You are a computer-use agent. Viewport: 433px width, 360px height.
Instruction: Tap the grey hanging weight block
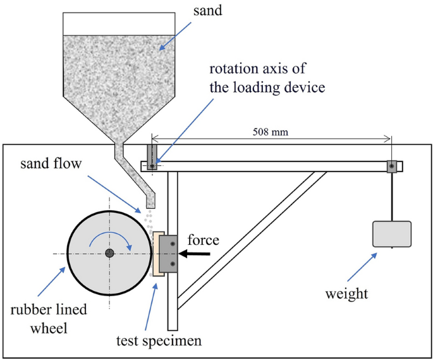pos(392,233)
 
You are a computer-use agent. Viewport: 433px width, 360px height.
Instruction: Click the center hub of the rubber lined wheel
pos(109,253)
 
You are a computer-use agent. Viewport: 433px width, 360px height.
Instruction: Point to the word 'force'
pos(204,240)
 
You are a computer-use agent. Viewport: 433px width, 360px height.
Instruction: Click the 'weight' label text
pos(346,294)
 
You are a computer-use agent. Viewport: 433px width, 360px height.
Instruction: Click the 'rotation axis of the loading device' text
pos(267,78)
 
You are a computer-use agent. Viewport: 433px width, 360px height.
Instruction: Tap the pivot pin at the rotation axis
pos(152,166)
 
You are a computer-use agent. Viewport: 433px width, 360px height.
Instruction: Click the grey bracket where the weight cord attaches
pos(392,166)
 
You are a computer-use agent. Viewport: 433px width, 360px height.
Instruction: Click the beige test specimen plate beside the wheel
pos(156,254)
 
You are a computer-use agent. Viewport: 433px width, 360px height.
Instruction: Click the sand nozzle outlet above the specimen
pos(150,201)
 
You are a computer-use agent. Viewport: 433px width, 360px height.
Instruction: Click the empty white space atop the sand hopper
pos(119,23)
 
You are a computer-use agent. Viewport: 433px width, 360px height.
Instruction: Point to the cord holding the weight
pos(392,196)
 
